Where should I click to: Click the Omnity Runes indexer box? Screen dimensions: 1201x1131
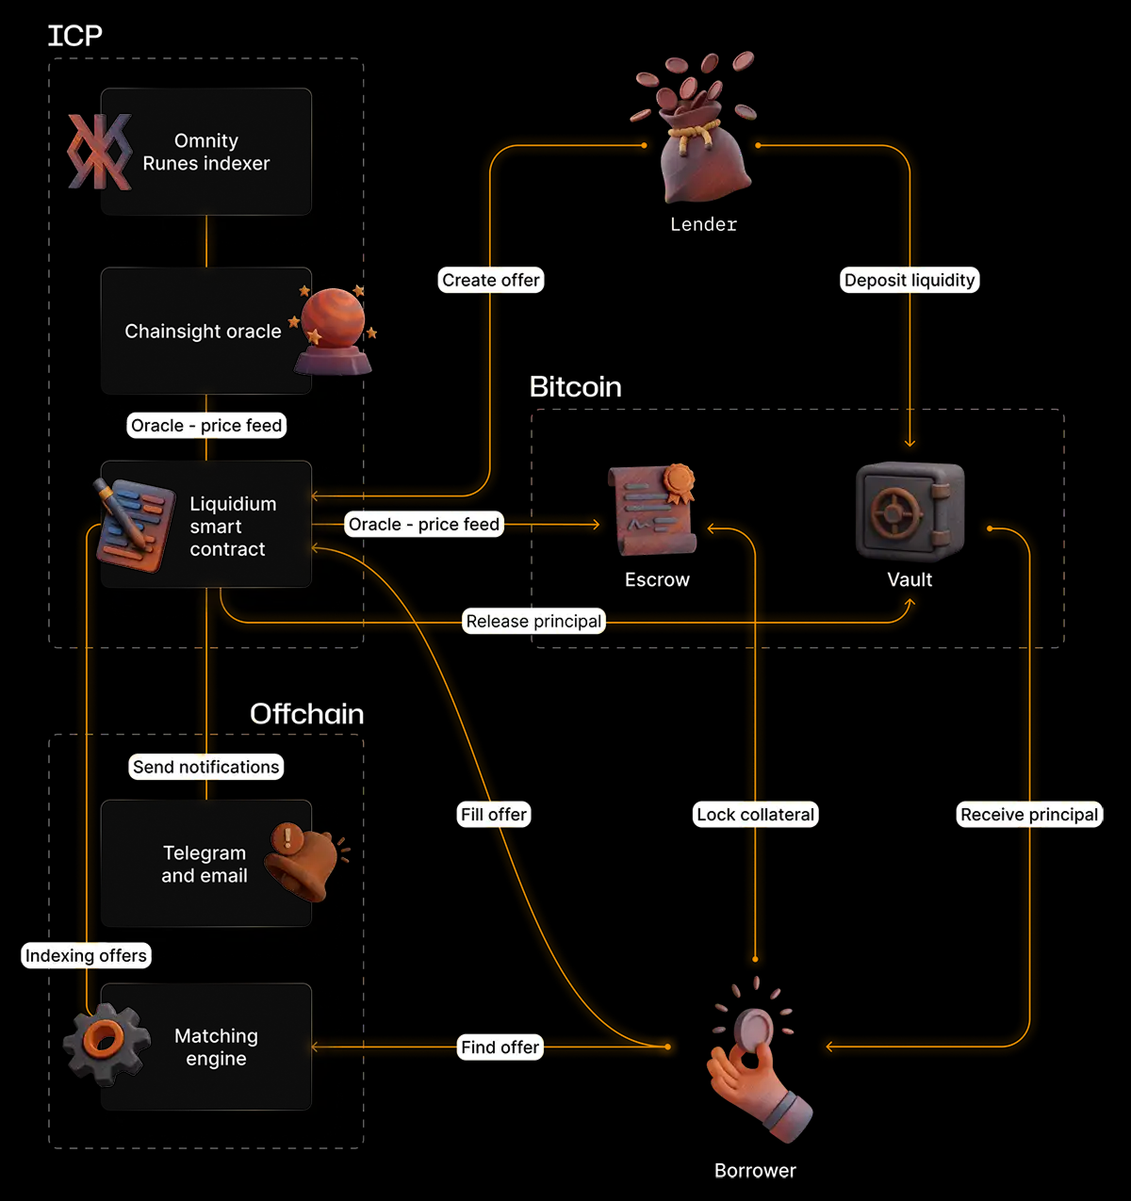205,152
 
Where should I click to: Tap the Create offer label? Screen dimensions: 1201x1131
491,280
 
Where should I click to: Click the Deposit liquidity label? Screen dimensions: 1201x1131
910,280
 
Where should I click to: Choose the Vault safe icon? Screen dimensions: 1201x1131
910,511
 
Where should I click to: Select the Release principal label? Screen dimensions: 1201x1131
533,621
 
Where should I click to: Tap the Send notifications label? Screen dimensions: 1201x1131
205,767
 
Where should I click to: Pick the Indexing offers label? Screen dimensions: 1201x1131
86,955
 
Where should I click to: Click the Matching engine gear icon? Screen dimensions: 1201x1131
106,1043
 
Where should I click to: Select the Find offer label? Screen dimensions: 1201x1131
500,1047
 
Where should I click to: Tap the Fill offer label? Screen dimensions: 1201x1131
494,814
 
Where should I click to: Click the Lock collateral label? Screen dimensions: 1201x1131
755,814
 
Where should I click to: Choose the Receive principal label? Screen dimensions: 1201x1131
1029,814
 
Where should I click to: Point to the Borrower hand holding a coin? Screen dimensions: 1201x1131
754,1064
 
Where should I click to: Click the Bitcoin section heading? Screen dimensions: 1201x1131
575,386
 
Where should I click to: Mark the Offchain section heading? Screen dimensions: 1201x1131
306,713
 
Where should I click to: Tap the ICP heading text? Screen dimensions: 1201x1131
74,36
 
